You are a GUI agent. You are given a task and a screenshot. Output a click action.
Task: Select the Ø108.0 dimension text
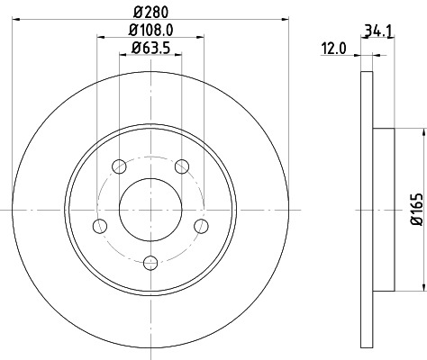click(x=150, y=31)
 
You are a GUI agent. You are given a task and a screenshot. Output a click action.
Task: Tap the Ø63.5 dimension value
click(x=150, y=48)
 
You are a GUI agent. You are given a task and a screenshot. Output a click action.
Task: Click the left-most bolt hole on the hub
click(x=100, y=224)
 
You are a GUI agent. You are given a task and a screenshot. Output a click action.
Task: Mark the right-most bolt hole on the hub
click(x=202, y=224)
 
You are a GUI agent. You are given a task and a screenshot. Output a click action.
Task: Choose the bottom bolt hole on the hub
click(x=150, y=262)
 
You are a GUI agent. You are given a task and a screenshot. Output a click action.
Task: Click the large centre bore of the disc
click(x=150, y=209)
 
